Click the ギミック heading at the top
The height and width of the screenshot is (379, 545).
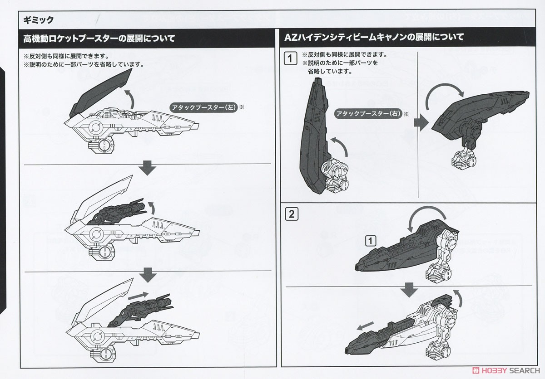click(39, 20)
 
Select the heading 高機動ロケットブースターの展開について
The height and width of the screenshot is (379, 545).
click(99, 39)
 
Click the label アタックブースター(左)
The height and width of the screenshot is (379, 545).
click(203, 107)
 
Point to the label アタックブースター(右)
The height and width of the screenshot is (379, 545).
click(368, 114)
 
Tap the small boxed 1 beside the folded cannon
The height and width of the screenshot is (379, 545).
click(371, 241)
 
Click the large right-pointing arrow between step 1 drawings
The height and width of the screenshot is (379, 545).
click(421, 122)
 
